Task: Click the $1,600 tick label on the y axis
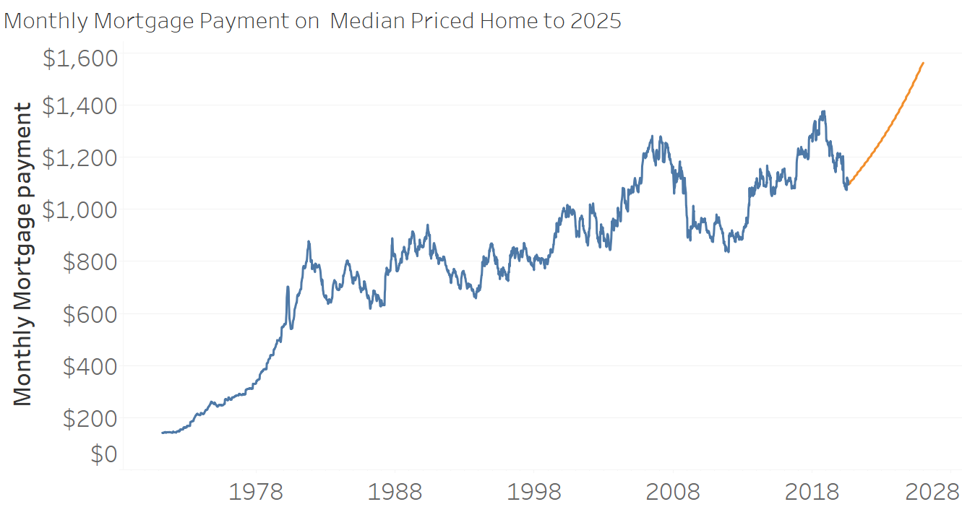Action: [x=80, y=58]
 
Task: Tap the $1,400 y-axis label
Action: [x=80, y=106]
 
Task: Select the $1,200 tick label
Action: [x=80, y=157]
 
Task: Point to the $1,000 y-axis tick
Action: [x=80, y=209]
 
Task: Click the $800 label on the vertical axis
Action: [x=90, y=261]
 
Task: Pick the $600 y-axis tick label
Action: [x=90, y=313]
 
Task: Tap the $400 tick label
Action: [x=90, y=366]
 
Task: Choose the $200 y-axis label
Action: [x=90, y=418]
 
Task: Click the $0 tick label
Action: [x=104, y=454]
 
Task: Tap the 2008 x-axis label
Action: [x=673, y=493]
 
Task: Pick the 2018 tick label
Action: [x=812, y=493]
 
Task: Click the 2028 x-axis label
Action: [x=932, y=493]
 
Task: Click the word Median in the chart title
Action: [x=366, y=21]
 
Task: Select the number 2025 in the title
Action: [x=596, y=21]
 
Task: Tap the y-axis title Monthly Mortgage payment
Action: [x=23, y=253]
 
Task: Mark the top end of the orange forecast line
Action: [x=923, y=64]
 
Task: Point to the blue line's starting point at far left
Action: [x=162, y=433]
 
